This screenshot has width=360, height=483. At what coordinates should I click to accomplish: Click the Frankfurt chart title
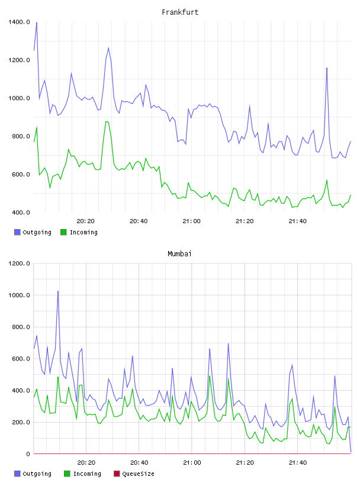coord(180,12)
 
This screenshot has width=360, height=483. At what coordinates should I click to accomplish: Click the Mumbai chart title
coord(179,254)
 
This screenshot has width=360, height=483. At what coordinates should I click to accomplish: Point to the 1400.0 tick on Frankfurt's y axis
coord(19,22)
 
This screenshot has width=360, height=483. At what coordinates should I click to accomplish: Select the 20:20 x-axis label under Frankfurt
coord(85,221)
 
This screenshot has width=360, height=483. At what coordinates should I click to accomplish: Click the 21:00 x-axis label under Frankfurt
coord(191,221)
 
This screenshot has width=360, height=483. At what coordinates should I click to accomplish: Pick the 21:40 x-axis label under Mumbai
coord(298,463)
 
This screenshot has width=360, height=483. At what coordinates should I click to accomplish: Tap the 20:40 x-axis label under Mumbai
coord(139,463)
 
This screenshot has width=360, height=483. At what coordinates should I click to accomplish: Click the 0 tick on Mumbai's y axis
coord(28,454)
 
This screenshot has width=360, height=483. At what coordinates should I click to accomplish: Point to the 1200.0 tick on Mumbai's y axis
coord(19,263)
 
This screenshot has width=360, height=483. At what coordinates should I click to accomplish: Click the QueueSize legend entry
coord(134,474)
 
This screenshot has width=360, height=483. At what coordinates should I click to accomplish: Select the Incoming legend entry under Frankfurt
coord(79,232)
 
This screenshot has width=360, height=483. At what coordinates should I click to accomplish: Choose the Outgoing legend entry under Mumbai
coord(33,474)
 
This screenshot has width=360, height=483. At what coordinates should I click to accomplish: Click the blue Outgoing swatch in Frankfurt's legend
coord(17,232)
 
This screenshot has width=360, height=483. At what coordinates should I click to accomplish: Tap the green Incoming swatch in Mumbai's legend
coord(67,474)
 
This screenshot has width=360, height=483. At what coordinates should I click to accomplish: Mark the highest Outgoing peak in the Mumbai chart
coord(58,291)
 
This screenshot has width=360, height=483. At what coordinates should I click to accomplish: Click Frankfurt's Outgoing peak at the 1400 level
coord(37,22)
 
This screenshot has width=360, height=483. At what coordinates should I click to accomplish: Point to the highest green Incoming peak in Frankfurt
coord(107,122)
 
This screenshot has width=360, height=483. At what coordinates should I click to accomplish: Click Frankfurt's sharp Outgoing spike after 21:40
coord(327,67)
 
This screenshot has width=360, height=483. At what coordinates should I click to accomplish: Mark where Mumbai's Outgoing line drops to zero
coord(351,452)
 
